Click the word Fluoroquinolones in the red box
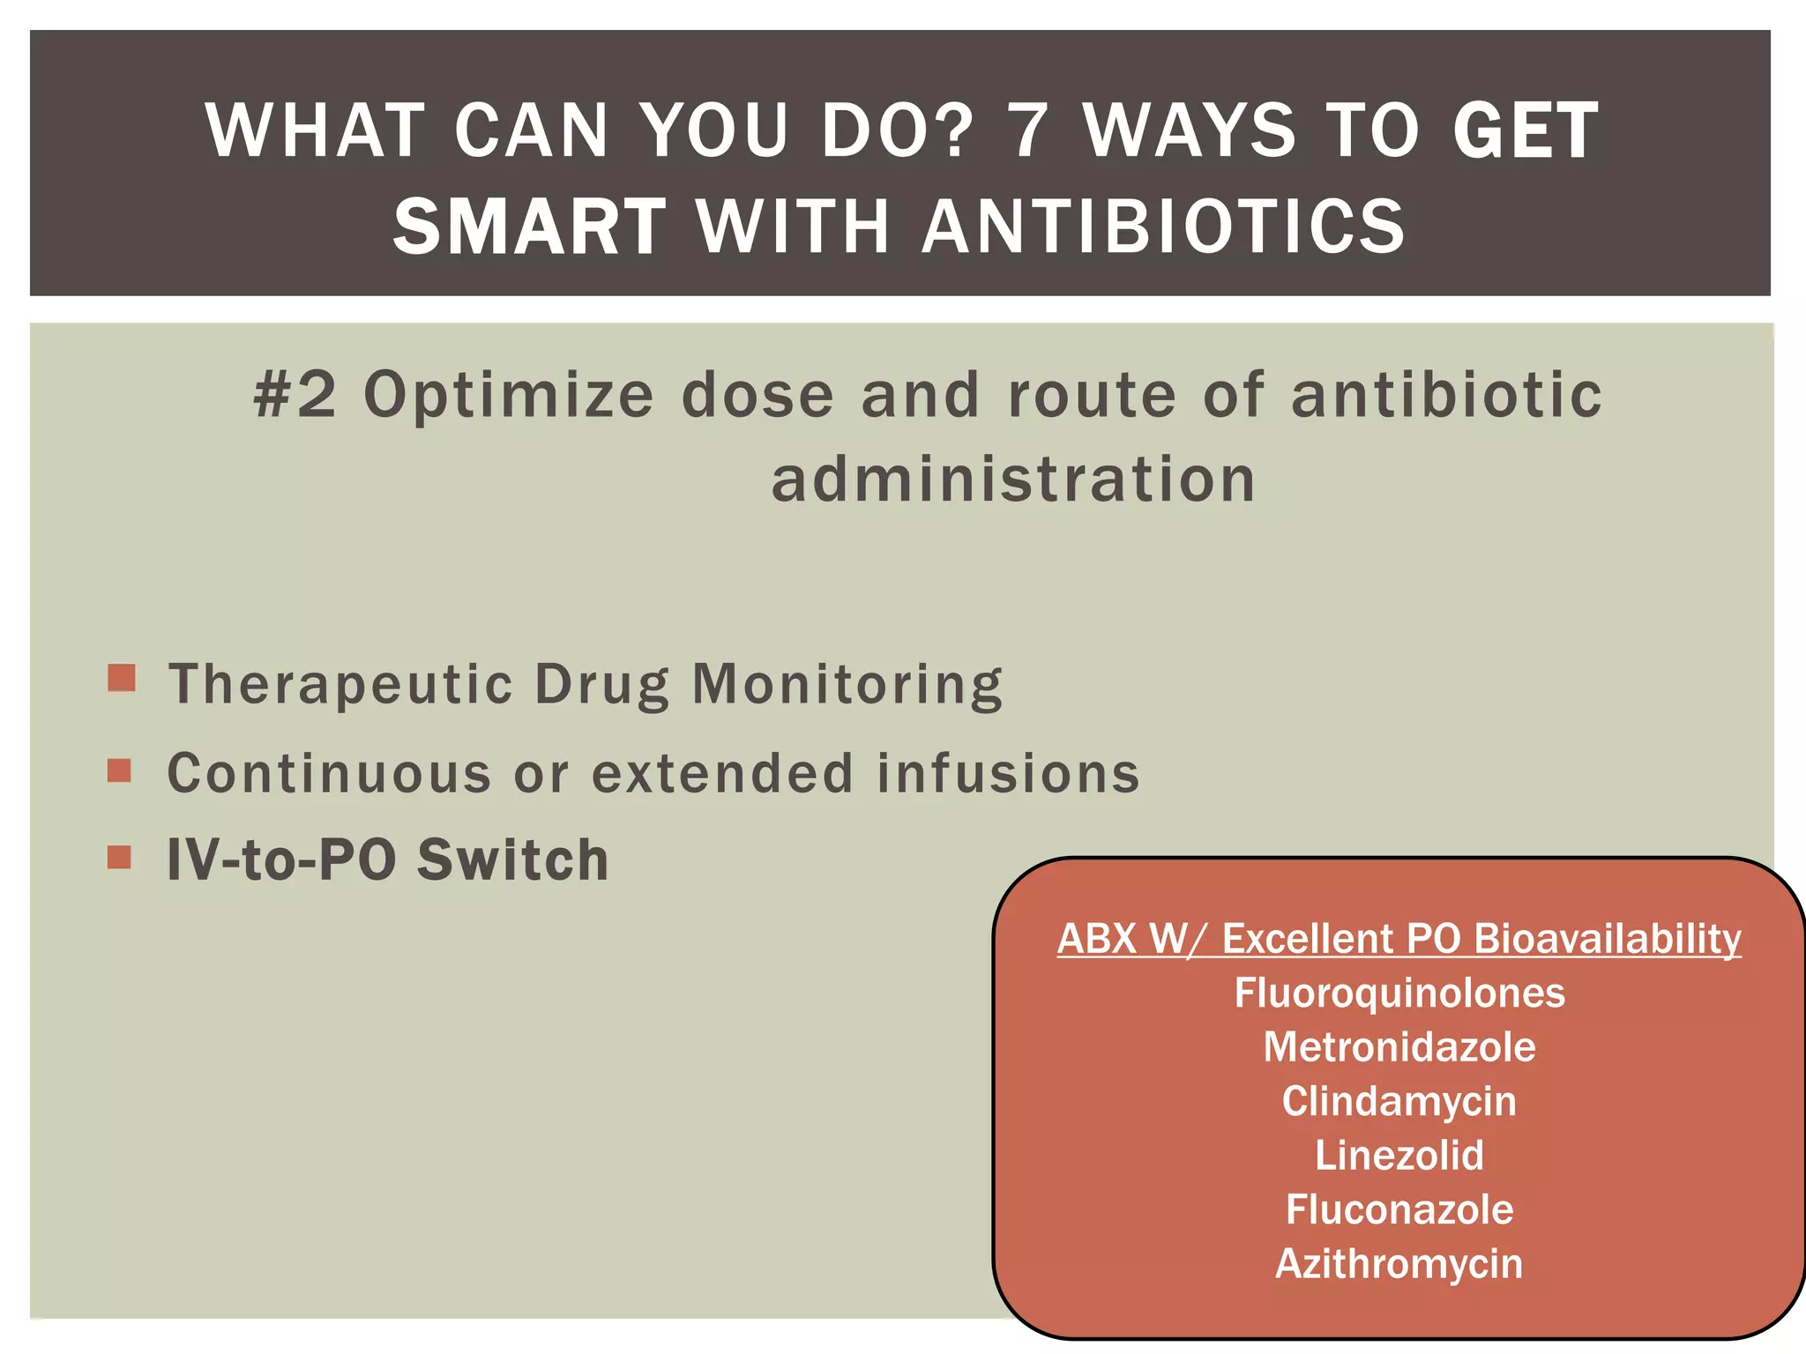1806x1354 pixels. coord(1399,993)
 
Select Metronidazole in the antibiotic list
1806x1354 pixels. coord(1399,1047)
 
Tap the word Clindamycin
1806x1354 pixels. coord(1399,1102)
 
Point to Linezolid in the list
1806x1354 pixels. coord(1399,1156)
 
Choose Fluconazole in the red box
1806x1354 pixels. coord(1399,1209)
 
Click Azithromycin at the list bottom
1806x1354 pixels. coord(1399,1264)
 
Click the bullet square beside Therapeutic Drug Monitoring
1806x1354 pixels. coord(122,678)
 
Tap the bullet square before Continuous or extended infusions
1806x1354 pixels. coord(119,770)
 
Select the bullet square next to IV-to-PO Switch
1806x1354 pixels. coord(119,857)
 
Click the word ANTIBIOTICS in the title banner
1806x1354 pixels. coord(1163,227)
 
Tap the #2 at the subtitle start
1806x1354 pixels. coord(295,394)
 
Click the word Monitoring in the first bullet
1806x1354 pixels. coord(847,684)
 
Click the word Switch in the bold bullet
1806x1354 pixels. coord(512,859)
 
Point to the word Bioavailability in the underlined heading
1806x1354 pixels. coord(1607,939)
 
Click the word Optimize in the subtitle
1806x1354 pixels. coord(509,396)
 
